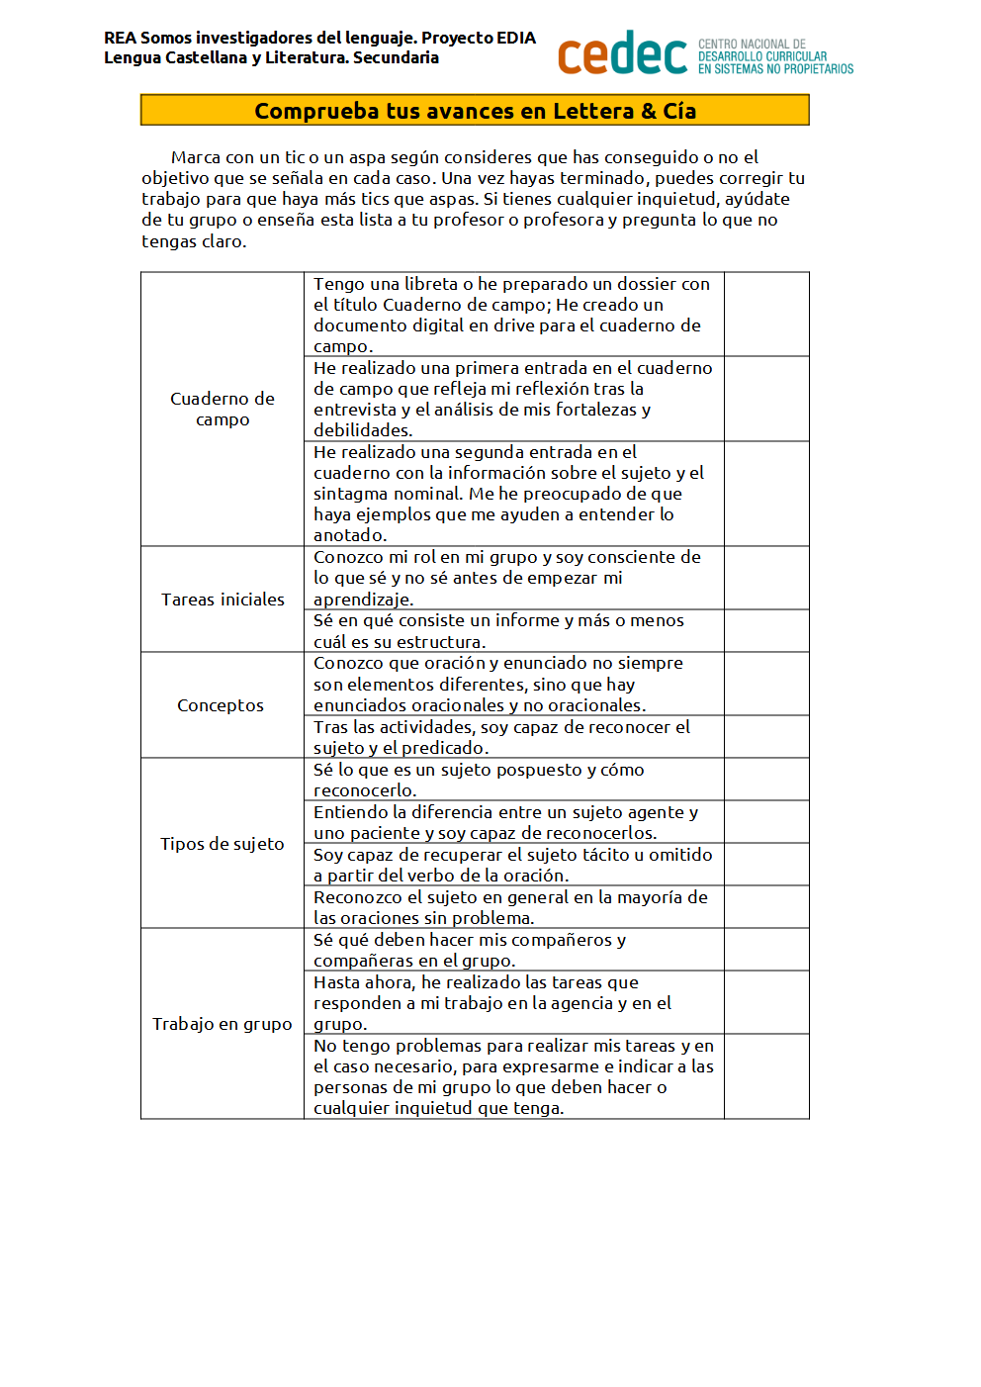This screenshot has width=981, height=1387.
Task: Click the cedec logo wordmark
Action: [x=622, y=54]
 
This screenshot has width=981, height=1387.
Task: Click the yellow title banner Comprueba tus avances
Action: [x=475, y=110]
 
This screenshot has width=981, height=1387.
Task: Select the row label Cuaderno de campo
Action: [x=223, y=409]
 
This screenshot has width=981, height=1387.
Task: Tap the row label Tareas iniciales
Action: [x=223, y=600]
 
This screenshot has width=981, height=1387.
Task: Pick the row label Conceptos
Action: [x=221, y=705]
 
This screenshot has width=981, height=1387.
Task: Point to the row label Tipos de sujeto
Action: [x=223, y=844]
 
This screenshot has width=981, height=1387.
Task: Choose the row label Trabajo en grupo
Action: [x=223, y=1024]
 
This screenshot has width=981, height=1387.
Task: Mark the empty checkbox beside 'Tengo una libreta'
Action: [x=766, y=315]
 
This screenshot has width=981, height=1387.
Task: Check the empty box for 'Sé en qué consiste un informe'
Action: [x=766, y=631]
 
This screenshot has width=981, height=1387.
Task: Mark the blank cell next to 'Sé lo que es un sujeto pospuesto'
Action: [x=766, y=780]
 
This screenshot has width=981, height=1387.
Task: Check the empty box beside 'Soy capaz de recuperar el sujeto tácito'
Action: [x=766, y=865]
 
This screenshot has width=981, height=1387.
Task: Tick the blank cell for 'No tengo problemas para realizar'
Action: [x=766, y=1076]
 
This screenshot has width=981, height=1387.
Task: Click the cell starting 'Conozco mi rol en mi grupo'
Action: [x=513, y=578]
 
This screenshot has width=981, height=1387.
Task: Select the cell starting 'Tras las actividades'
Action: [x=513, y=737]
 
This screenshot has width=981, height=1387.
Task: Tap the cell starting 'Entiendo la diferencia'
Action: [x=513, y=822]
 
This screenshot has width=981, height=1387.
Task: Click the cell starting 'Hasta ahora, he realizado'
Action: [x=513, y=1002]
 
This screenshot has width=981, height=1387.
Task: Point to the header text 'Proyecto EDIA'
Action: [x=479, y=38]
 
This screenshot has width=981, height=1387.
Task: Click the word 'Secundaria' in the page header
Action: [x=396, y=57]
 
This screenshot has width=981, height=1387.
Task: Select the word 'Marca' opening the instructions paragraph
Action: [x=196, y=157]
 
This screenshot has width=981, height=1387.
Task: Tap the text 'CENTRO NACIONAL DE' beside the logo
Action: [x=752, y=45]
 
